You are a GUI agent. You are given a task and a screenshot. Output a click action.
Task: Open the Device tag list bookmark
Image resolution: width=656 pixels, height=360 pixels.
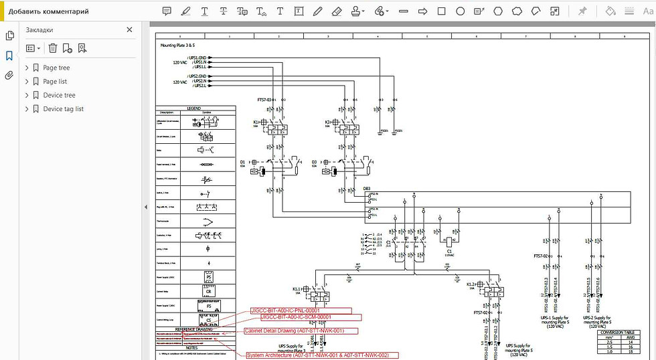pyautogui.click(x=63, y=109)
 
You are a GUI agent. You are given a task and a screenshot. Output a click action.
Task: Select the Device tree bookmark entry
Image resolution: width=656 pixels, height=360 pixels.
pyautogui.click(x=59, y=95)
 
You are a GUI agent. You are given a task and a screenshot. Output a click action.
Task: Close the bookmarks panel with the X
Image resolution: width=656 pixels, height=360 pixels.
pyautogui.click(x=130, y=30)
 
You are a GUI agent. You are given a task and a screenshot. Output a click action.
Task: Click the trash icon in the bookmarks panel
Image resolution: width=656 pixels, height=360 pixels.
pyautogui.click(x=52, y=48)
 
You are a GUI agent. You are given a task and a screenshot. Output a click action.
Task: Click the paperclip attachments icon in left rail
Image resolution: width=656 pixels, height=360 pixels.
pyautogui.click(x=9, y=76)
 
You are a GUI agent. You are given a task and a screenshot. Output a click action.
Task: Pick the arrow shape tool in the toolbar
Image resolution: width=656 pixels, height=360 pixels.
pyautogui.click(x=423, y=11)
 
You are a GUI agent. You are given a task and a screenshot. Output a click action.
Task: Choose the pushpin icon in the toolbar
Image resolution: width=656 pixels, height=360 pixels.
pyautogui.click(x=582, y=11)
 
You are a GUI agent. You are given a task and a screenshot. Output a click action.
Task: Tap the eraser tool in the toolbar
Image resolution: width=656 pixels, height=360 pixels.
pyautogui.click(x=337, y=11)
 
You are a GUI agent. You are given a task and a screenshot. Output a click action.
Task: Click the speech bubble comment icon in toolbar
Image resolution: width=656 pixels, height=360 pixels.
pyautogui.click(x=167, y=11)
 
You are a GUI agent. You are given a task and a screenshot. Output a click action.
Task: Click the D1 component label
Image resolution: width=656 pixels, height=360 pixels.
pyautogui.click(x=242, y=162)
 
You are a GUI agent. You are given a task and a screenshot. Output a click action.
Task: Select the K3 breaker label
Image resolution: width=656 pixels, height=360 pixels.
pyautogui.click(x=327, y=122)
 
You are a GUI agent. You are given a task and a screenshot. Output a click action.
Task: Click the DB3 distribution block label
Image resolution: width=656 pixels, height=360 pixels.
pyautogui.click(x=367, y=189)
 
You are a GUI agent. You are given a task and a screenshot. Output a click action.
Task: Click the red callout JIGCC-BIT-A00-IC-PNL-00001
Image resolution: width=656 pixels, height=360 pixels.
pyautogui.click(x=300, y=310)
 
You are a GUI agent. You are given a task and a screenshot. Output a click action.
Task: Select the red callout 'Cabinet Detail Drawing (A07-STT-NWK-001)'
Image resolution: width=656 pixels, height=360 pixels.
pyautogui.click(x=294, y=331)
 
